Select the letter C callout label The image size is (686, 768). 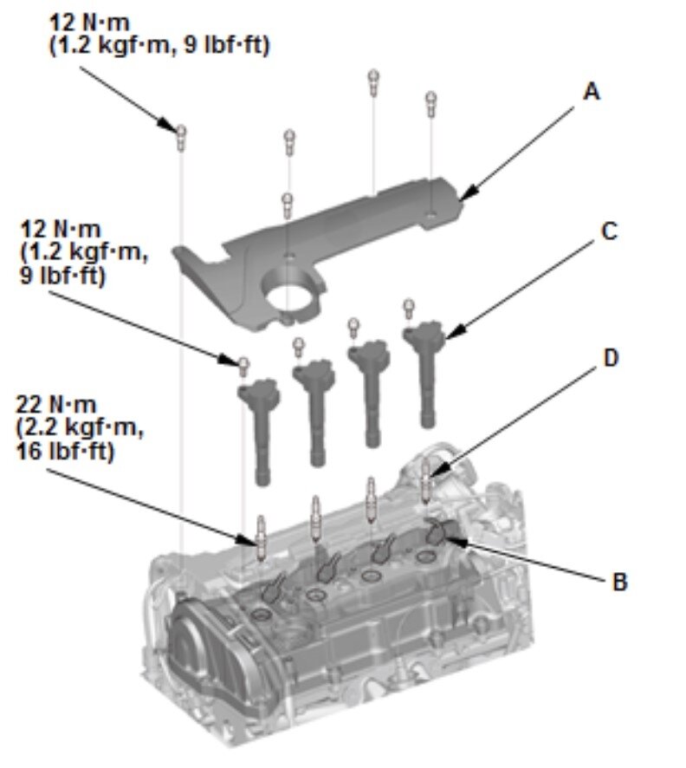[609, 232]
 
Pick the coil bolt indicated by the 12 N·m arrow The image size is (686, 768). [244, 362]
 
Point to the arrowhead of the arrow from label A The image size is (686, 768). [463, 194]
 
